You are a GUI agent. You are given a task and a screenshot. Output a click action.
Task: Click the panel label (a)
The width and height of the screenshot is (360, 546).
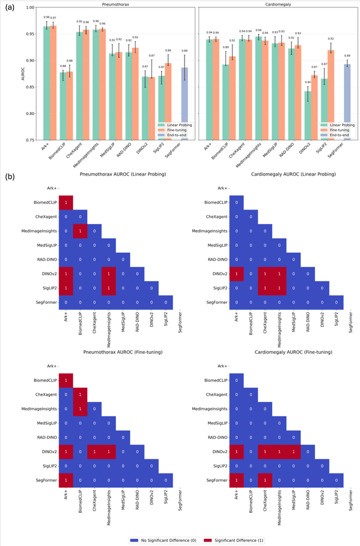(10, 7)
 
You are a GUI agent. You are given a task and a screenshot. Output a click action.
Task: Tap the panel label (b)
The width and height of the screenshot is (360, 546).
(10, 176)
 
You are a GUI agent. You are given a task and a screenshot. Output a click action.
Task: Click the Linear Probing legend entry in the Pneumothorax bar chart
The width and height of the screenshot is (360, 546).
(175, 125)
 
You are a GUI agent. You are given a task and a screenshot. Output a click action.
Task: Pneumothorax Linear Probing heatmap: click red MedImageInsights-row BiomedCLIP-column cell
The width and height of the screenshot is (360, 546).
(80, 230)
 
